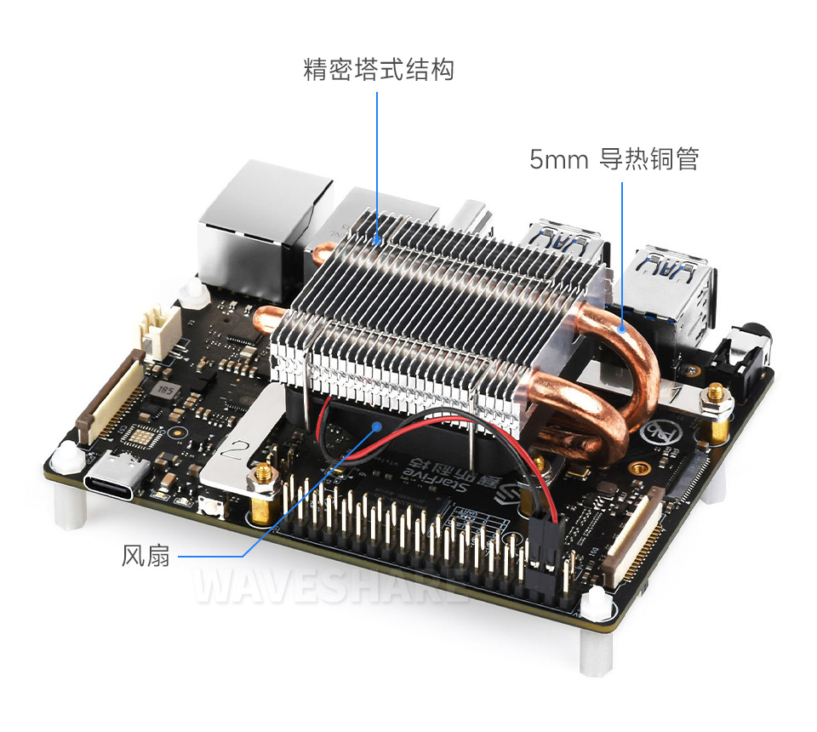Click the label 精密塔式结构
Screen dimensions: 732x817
click(379, 69)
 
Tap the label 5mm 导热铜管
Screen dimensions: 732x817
click(614, 159)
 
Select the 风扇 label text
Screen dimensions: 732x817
click(146, 557)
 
